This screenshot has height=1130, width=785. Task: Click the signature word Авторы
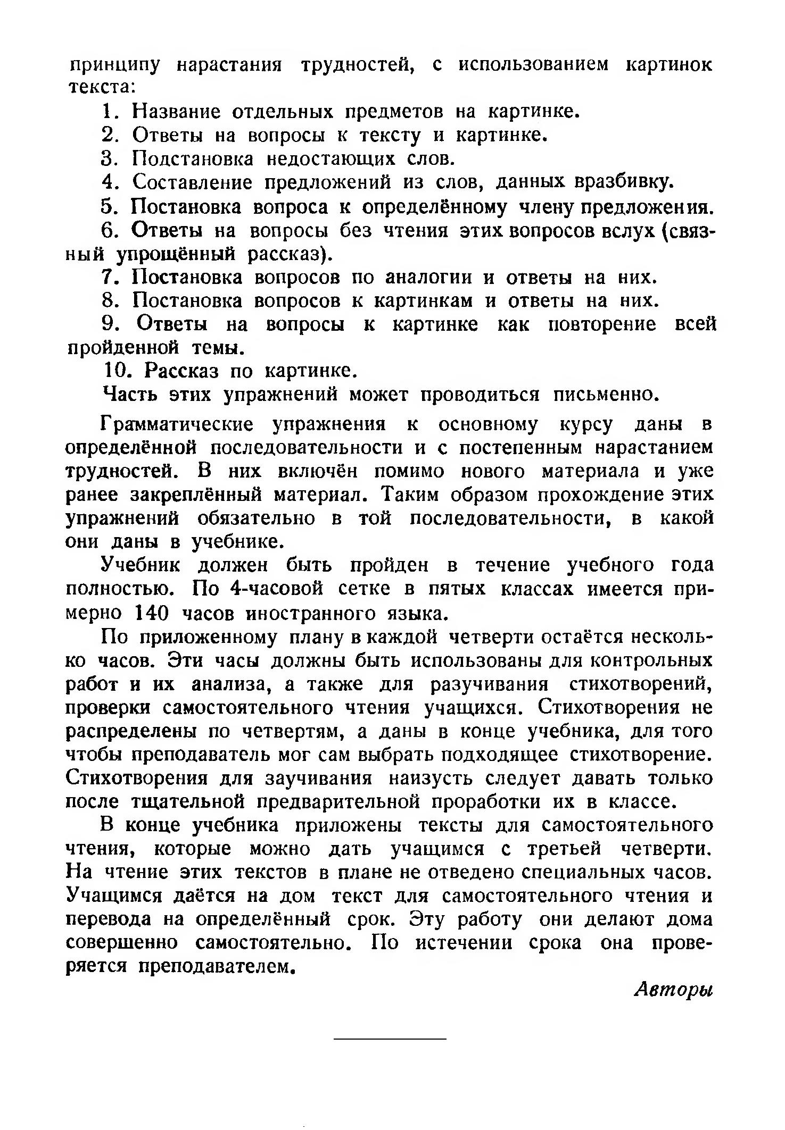tap(673, 990)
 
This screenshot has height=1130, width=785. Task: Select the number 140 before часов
tap(152, 614)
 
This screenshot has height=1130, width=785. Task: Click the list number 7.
tap(108, 278)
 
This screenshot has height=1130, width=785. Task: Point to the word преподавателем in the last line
tap(217, 966)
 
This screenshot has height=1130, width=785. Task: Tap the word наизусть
tap(434, 779)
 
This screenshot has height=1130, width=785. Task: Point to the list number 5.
tap(108, 206)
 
